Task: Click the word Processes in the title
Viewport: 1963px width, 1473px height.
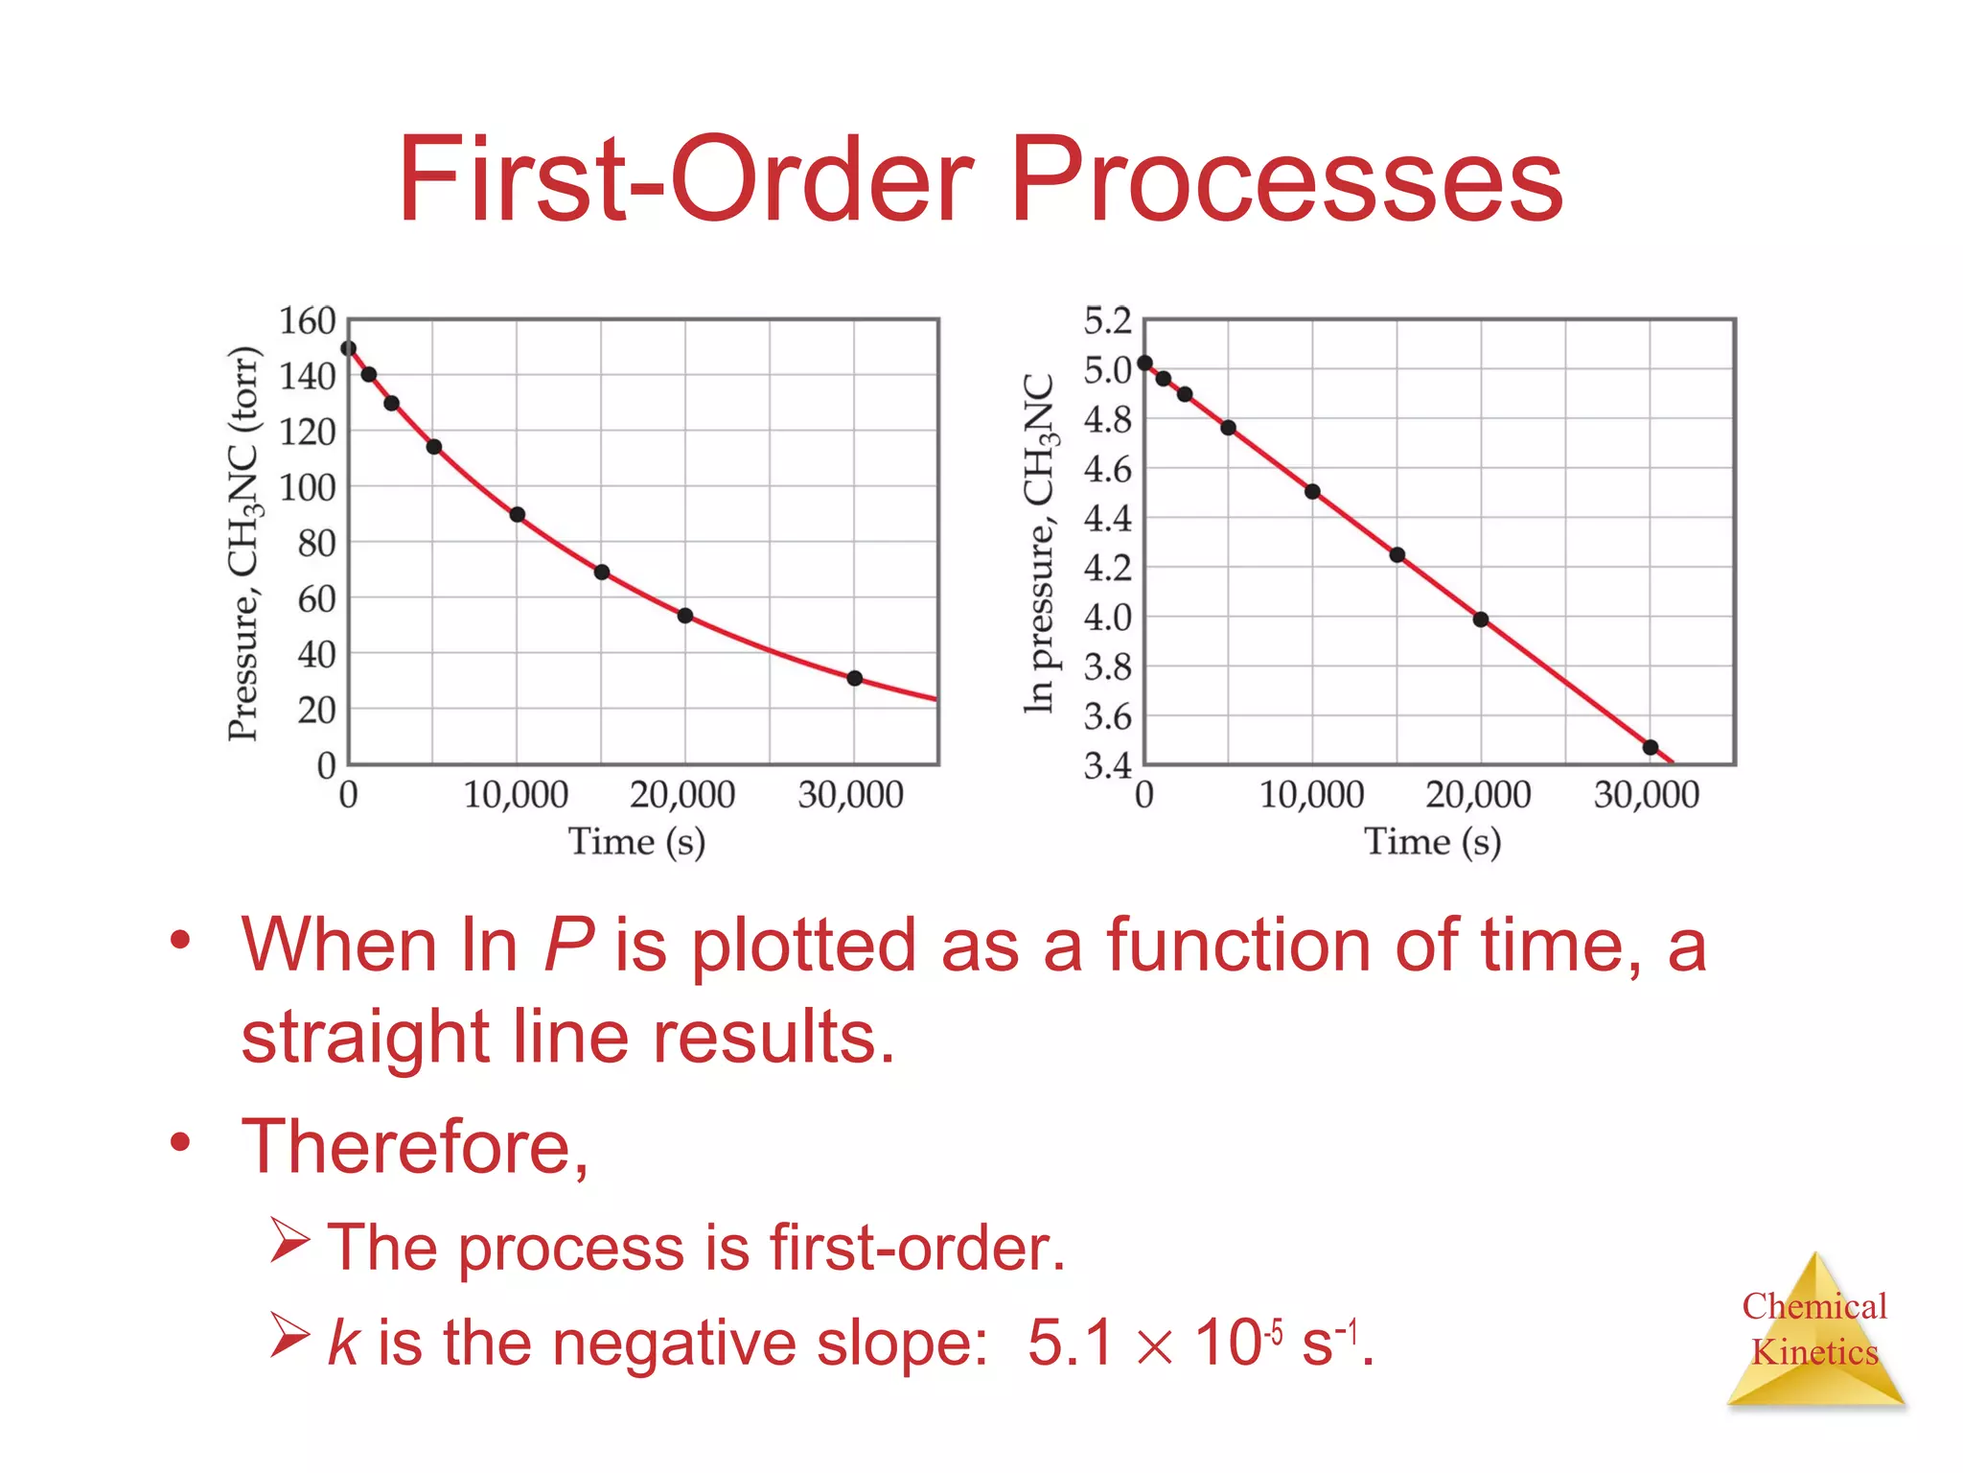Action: coord(1286,180)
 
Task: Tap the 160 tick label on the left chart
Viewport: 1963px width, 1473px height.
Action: coord(307,321)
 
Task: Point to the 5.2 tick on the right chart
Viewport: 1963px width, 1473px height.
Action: coord(1107,321)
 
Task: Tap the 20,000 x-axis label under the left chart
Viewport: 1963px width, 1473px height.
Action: coord(682,795)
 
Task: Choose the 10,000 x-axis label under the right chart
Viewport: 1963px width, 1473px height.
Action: coord(1310,795)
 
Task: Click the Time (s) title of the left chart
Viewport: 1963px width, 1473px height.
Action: coord(636,842)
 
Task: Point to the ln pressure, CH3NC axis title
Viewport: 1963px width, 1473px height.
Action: coord(1040,543)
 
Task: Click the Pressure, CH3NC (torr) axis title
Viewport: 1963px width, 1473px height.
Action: coord(243,543)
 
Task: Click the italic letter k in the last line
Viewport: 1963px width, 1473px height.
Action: coord(342,1342)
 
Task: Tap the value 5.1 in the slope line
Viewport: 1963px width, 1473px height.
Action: coord(1070,1342)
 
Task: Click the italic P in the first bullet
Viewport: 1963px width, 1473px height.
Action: coord(568,946)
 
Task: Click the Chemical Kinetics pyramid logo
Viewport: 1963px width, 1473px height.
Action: coord(1814,1333)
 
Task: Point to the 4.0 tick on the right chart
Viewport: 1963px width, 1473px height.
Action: coord(1107,618)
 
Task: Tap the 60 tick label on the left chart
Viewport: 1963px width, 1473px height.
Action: coord(316,599)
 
